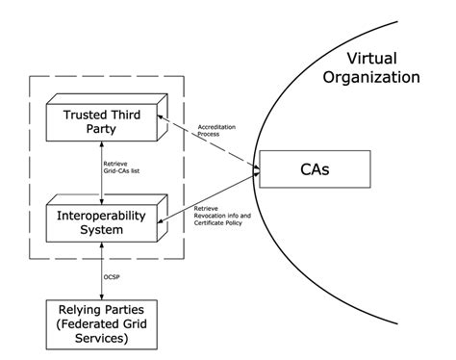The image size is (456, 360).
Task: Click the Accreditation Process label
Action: coord(216,130)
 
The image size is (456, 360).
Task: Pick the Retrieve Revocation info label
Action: coord(223,217)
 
